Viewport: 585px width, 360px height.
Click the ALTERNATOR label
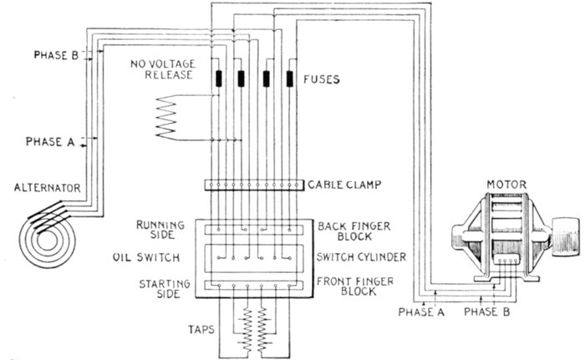click(41, 190)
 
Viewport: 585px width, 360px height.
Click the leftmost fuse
click(219, 79)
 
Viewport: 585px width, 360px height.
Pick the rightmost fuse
click(291, 79)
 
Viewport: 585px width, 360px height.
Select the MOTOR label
click(505, 180)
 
